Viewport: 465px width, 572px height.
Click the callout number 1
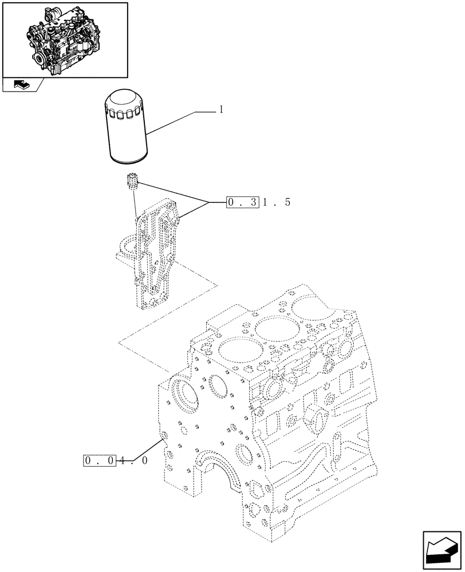tap(220, 110)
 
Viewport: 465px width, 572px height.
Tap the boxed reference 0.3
tap(243, 202)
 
